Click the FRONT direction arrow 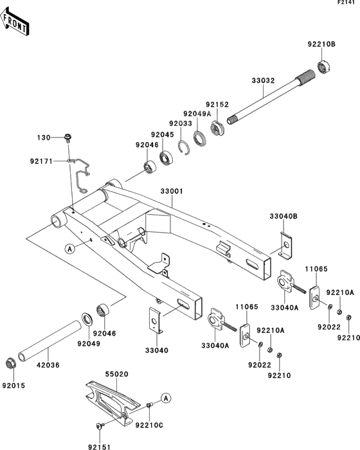[14, 21]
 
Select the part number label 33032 [264, 80]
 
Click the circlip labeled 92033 [184, 148]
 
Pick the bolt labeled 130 [67, 138]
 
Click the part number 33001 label [172, 191]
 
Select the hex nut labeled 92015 [10, 364]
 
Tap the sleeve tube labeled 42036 [49, 341]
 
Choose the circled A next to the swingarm [70, 249]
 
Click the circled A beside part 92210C [166, 398]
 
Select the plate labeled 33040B [286, 246]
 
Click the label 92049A [197, 114]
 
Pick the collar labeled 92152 [218, 128]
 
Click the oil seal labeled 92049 [87, 319]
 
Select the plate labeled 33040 [156, 321]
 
